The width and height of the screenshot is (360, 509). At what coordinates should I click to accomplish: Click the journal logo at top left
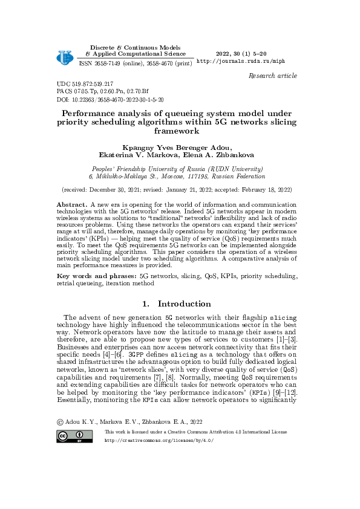coord(64,56)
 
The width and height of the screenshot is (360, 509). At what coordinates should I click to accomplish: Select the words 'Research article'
coord(273,76)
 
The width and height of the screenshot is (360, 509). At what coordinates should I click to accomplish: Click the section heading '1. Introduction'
coord(180,303)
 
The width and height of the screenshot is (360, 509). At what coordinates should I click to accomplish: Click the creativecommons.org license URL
coord(159,440)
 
